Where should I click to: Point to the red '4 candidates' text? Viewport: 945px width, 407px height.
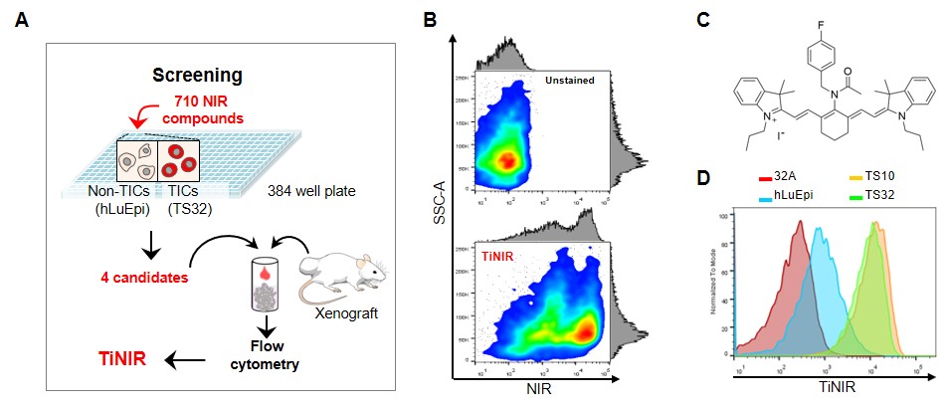pos(146,278)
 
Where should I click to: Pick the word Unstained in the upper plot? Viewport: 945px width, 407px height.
pos(567,81)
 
